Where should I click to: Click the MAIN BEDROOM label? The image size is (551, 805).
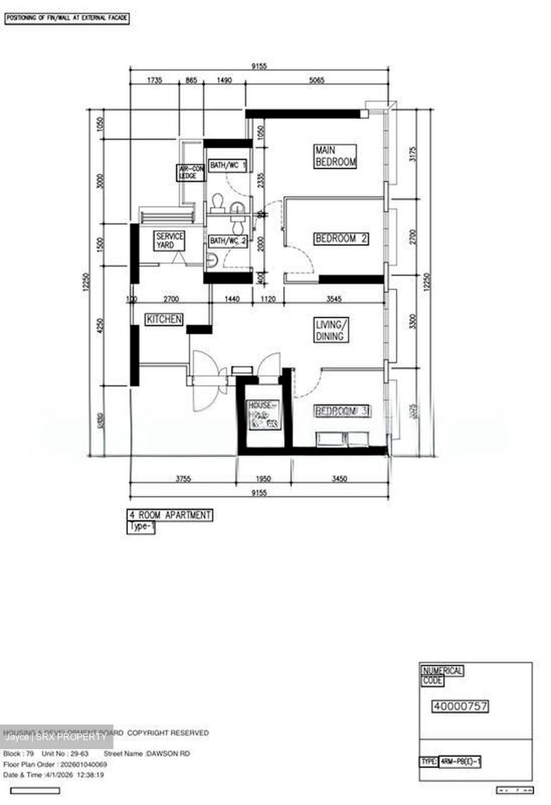click(x=335, y=157)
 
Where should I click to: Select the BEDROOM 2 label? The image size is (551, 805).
click(x=341, y=239)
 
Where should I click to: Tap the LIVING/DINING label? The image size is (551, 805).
click(x=332, y=330)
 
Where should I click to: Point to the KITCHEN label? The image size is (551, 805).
click(x=164, y=319)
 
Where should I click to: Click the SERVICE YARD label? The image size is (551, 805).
click(x=169, y=241)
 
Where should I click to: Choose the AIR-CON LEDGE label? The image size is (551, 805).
click(x=191, y=172)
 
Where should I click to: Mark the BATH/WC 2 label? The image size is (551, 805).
click(x=228, y=241)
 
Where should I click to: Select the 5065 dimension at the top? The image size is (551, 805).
click(x=316, y=80)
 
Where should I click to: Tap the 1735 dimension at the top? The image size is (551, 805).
click(x=154, y=80)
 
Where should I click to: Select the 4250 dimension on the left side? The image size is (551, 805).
click(x=101, y=326)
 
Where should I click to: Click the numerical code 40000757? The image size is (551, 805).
click(x=460, y=707)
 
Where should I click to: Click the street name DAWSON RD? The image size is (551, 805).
click(x=168, y=754)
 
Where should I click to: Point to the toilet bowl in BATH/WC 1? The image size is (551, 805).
click(x=218, y=202)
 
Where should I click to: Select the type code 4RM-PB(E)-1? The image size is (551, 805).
click(x=460, y=761)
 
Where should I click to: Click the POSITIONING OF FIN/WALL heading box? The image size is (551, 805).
click(x=67, y=18)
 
